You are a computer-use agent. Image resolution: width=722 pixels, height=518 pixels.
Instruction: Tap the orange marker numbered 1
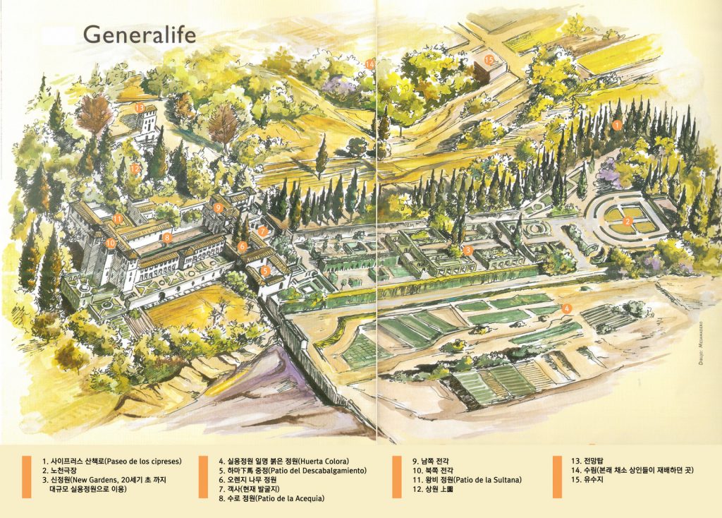coord(616,126)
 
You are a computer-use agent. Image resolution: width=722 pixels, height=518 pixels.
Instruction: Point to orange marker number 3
coord(467,250)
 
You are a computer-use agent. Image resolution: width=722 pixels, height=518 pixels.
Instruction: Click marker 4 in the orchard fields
coord(566,308)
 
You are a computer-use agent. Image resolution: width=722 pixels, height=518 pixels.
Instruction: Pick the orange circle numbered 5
coord(265,270)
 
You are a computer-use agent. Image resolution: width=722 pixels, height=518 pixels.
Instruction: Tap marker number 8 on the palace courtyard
coord(166,238)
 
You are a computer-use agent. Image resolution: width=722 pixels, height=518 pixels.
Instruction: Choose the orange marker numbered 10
coord(111,242)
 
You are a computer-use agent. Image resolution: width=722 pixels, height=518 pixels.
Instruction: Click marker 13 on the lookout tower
coord(140,108)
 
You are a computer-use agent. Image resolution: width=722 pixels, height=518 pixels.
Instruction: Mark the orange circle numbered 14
coord(370,64)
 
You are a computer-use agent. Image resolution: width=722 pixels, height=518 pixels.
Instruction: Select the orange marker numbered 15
coord(489,60)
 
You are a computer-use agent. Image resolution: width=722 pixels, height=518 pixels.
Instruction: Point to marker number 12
coord(135,169)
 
